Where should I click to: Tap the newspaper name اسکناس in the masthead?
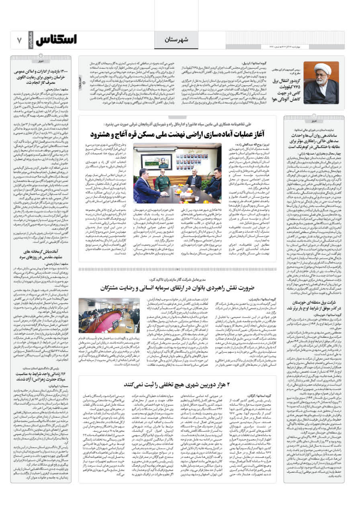click(55, 40)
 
